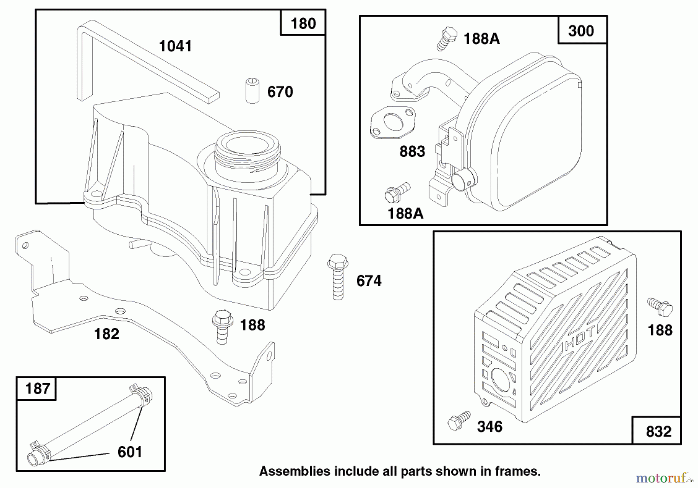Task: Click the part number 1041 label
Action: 175,46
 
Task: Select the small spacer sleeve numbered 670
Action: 252,91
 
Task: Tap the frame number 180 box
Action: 303,23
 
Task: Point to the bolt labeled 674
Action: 338,277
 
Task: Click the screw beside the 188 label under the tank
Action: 222,326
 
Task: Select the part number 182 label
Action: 107,334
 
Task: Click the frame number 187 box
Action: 37,388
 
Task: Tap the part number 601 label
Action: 130,452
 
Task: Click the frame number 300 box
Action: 582,30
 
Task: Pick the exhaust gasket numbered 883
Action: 392,122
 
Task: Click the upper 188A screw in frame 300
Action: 447,38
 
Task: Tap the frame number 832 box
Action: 657,430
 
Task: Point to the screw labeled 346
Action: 459,421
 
